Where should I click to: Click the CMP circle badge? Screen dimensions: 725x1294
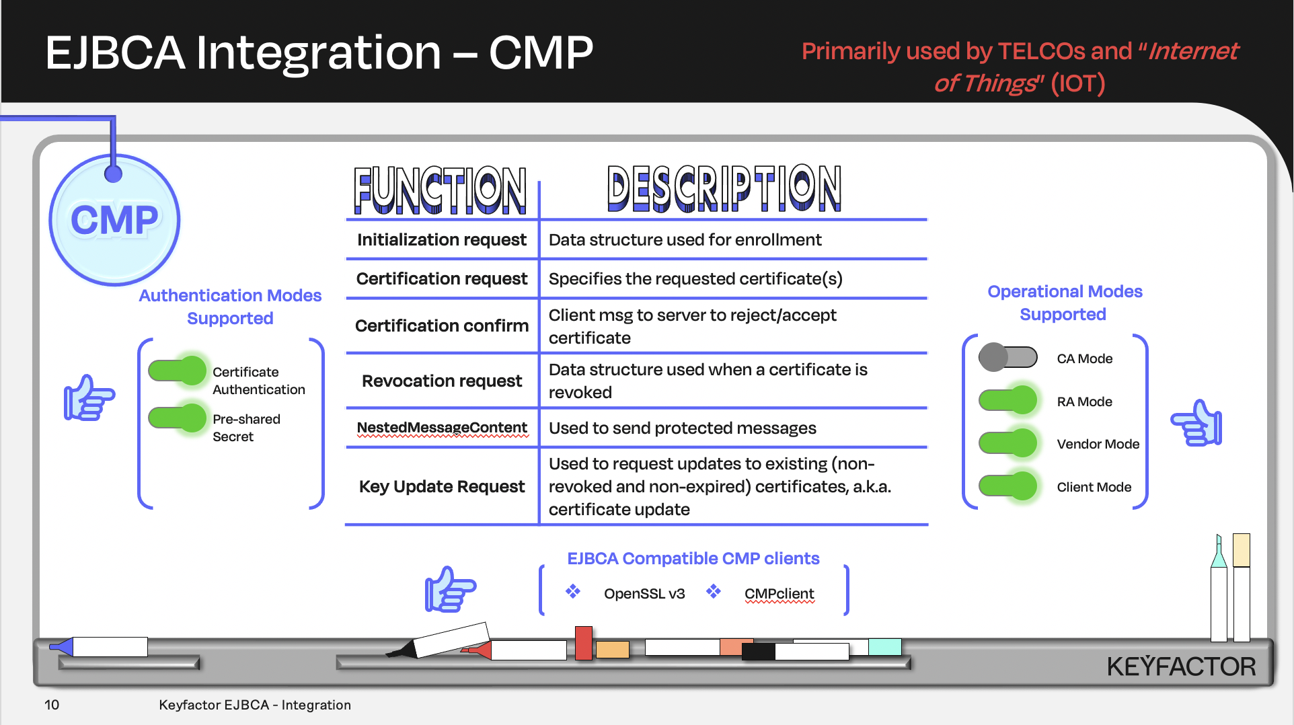[x=114, y=220]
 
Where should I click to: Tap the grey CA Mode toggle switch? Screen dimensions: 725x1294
[x=1007, y=357]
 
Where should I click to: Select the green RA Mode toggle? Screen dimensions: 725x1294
[x=1007, y=400]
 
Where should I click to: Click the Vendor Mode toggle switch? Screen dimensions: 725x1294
[x=1007, y=443]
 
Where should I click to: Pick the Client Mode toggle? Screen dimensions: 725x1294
[x=1007, y=486]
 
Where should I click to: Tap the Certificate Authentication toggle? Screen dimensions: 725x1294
[x=177, y=371]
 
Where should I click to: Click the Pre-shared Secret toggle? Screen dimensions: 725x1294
[x=177, y=418]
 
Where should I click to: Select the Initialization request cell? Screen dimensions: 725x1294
[x=441, y=240]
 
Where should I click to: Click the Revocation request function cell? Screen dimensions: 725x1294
[x=441, y=381]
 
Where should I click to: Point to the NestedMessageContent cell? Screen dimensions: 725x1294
[x=441, y=428]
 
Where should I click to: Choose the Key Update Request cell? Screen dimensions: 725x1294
[x=441, y=486]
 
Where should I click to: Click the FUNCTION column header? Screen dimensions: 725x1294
[x=440, y=190]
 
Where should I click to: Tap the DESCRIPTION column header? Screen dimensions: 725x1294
[x=724, y=189]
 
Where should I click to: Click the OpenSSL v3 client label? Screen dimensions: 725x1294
[x=644, y=594]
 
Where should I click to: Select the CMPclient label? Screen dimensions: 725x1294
[x=779, y=594]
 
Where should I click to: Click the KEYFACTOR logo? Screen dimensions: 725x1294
[x=1181, y=666]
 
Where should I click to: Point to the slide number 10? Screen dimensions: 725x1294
[x=52, y=705]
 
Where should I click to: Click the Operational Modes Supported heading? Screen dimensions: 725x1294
[x=1064, y=303]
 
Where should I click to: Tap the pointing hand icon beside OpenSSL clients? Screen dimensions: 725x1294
[x=450, y=589]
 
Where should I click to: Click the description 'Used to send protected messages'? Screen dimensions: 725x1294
[x=682, y=428]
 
